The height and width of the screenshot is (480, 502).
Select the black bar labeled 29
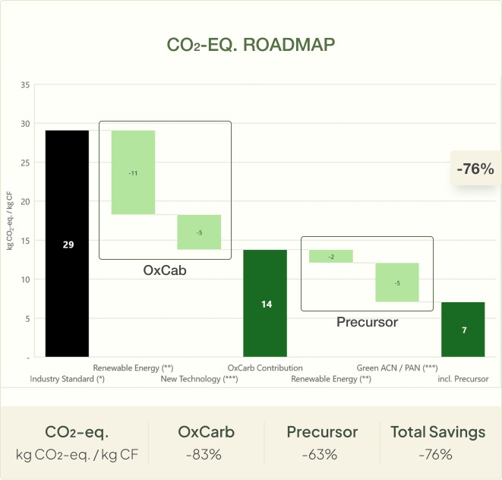coord(67,243)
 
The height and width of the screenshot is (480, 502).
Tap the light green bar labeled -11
coord(133,172)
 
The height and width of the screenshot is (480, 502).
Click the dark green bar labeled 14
coord(265,303)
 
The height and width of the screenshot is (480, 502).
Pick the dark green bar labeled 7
coord(463,330)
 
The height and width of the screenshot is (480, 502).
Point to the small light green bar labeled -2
coord(330,256)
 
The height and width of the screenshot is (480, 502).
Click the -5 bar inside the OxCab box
coord(199,232)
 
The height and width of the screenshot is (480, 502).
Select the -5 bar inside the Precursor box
coord(397,283)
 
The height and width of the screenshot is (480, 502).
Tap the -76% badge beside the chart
coord(475,169)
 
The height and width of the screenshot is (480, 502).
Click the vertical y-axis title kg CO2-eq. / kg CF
coord(11,220)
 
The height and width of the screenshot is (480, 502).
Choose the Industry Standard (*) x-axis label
coord(67,378)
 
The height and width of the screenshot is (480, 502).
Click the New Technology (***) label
coord(199,378)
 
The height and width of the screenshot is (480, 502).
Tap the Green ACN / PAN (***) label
coord(397,368)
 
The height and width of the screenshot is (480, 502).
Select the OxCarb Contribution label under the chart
coord(265,368)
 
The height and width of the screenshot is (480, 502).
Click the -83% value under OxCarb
coord(206,455)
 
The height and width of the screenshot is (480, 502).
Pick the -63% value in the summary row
coord(322,455)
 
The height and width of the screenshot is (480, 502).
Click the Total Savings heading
coord(437,432)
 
